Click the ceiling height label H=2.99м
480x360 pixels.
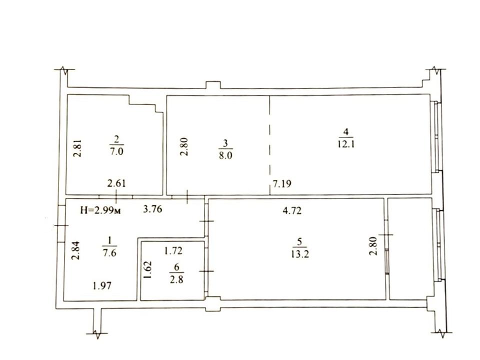(100, 210)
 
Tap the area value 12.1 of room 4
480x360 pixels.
(346, 144)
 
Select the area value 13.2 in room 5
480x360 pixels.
(300, 254)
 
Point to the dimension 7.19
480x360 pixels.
(282, 183)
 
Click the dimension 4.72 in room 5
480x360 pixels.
(292, 210)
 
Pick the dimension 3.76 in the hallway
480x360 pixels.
(153, 209)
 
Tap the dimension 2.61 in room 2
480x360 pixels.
(116, 183)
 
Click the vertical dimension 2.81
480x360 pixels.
(78, 148)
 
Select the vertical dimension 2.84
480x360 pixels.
(75, 250)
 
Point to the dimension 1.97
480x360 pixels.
(102, 286)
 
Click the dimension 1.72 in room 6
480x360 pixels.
(173, 251)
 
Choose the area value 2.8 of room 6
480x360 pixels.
(177, 279)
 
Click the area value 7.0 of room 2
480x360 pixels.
(116, 151)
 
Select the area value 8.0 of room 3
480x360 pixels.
(226, 155)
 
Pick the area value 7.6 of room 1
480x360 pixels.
(109, 253)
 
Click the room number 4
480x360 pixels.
(346, 132)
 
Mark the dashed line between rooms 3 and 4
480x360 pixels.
(270, 145)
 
